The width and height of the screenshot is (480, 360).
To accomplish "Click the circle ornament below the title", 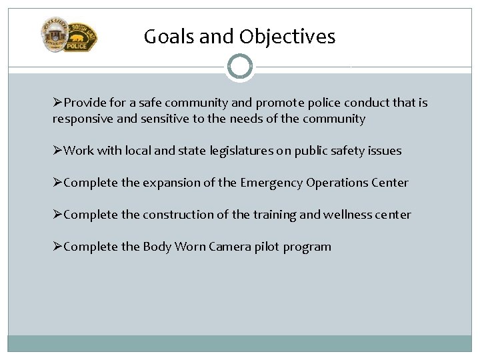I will click(x=239, y=67).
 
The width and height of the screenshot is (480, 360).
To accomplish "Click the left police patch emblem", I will click(x=55, y=35).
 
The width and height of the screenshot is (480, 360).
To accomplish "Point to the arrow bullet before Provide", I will click(x=58, y=103).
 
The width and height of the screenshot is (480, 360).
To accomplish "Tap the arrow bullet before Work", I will click(x=58, y=151).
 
